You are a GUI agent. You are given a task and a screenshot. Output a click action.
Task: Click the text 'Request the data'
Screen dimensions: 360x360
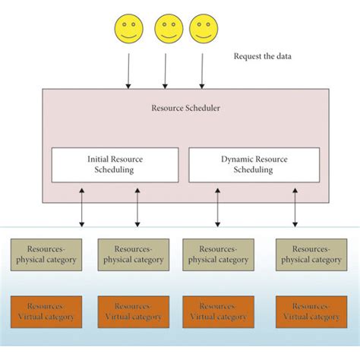[x=262, y=56]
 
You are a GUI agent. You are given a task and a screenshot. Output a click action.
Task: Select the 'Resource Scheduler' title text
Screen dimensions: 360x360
[x=185, y=109]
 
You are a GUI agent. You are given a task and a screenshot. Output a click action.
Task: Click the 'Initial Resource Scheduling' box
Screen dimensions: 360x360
[x=115, y=165]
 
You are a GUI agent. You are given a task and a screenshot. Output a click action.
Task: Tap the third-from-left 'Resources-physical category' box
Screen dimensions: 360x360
[x=219, y=254]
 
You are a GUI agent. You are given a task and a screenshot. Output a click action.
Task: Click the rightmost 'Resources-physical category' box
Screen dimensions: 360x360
[x=311, y=254]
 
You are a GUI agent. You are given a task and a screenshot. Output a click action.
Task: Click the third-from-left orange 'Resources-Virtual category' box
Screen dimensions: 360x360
[x=219, y=311]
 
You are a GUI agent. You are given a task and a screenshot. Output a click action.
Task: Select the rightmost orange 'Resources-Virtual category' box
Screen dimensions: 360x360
[x=311, y=311]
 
